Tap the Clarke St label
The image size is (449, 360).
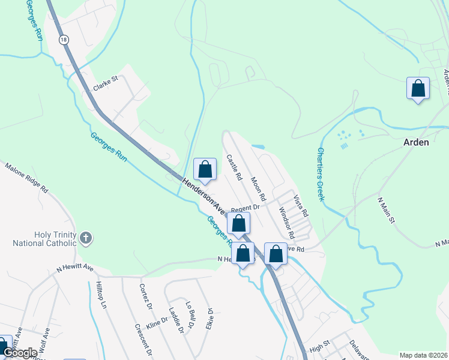pos(106,83)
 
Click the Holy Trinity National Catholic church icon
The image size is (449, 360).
pos(86,238)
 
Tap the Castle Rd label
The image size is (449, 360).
pos(234,168)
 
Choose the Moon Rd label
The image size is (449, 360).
pos(258,188)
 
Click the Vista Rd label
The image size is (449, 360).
pos(300,205)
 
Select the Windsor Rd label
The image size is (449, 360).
pos(285,220)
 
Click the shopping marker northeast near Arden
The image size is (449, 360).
pos(418,89)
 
